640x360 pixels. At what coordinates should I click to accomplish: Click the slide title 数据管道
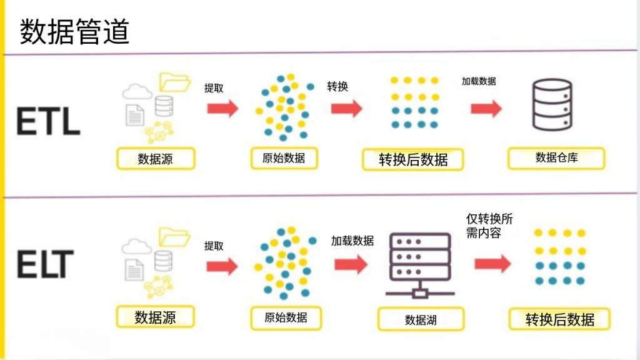pyautogui.click(x=74, y=31)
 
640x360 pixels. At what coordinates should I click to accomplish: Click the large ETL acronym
pyautogui.click(x=48, y=121)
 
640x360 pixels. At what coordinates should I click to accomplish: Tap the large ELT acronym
pyautogui.click(x=46, y=263)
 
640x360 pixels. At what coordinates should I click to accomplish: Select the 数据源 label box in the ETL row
pyautogui.click(x=156, y=159)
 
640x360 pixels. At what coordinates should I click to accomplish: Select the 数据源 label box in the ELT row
pyautogui.click(x=156, y=317)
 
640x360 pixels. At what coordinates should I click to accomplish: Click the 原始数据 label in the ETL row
pyautogui.click(x=284, y=158)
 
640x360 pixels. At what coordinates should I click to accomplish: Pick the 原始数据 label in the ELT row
pyautogui.click(x=284, y=317)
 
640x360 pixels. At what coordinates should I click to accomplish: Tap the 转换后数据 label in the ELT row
pyautogui.click(x=559, y=320)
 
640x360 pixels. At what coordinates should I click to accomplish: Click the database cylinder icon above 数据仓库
pyautogui.click(x=551, y=104)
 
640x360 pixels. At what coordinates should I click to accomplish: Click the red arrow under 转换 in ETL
pyautogui.click(x=347, y=108)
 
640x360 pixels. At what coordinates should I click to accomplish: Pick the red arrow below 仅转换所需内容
pyautogui.click(x=492, y=264)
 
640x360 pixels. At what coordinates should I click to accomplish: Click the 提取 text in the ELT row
pyautogui.click(x=214, y=246)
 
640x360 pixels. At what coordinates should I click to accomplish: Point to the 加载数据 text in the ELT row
pyautogui.click(x=352, y=241)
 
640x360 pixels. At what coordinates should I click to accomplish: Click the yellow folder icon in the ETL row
pyautogui.click(x=174, y=81)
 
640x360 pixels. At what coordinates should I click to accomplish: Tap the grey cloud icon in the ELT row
pyautogui.click(x=136, y=247)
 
